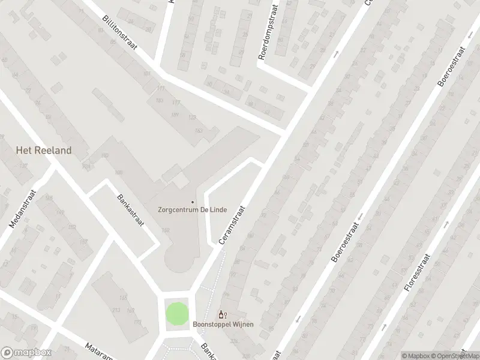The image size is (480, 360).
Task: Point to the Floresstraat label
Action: click(415, 272)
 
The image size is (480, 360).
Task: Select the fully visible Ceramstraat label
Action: click(233, 223)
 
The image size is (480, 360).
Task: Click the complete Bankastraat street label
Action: click(130, 209)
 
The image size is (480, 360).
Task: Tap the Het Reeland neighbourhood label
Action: click(44, 151)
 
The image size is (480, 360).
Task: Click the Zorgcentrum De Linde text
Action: click(192, 211)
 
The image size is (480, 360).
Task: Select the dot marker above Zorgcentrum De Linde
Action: click(193, 202)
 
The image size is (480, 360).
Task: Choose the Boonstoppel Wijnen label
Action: click(223, 325)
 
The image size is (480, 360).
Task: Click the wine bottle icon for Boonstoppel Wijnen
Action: click(221, 314)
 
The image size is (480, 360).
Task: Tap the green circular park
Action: click(176, 313)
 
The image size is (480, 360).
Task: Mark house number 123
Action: click(192, 117)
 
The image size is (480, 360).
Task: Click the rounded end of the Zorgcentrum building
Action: click(182, 260)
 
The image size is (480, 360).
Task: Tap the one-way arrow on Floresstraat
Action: click(447, 225)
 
